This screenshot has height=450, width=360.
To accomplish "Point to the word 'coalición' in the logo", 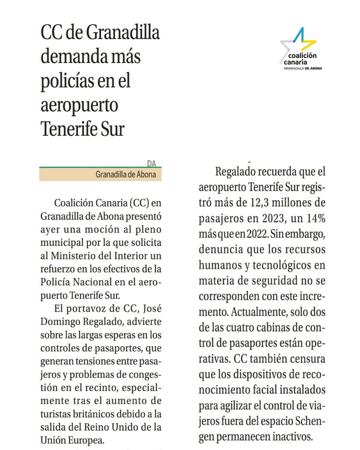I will click(302, 56).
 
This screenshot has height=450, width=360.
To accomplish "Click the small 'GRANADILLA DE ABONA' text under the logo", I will click(303, 68).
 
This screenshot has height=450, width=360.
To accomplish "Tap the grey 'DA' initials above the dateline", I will click(152, 163).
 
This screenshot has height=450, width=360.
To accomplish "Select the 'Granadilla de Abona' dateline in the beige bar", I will click(126, 174).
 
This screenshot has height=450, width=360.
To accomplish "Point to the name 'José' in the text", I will click(152, 308).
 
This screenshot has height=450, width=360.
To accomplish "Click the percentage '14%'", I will click(316, 219).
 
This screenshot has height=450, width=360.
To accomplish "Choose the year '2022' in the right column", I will click(257, 234).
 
